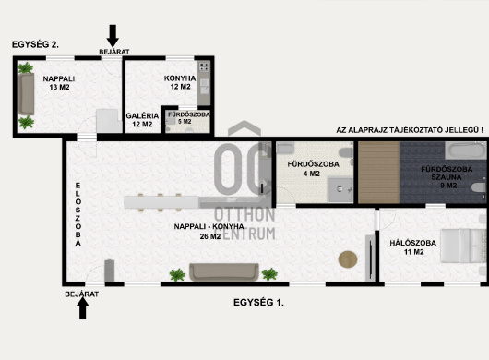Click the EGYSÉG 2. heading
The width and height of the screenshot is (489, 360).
(x=35, y=44)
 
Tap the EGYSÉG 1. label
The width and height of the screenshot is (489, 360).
(x=258, y=302)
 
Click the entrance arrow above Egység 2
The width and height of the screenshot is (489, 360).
(x=113, y=36)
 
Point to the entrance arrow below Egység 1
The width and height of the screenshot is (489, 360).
(x=83, y=308)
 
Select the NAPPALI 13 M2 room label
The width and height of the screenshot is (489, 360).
(x=59, y=83)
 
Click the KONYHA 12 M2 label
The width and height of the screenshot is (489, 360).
(x=180, y=82)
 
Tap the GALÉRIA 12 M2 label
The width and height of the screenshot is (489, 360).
(x=142, y=120)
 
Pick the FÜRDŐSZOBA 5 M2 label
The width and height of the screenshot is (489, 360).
(x=188, y=118)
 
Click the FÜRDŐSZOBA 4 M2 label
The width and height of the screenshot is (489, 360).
(x=313, y=169)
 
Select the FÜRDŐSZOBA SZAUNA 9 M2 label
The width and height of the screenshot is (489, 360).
(x=447, y=177)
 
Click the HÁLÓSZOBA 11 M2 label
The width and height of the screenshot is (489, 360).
(x=413, y=247)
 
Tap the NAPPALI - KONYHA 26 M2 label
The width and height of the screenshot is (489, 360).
(x=209, y=232)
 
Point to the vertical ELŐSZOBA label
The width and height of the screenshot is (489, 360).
(x=78, y=214)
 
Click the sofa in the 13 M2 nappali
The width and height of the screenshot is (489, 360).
(x=26, y=94)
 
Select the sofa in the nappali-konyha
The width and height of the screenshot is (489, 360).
(x=224, y=272)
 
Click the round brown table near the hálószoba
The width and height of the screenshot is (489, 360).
(x=348, y=259)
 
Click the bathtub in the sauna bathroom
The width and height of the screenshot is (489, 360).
(x=465, y=150)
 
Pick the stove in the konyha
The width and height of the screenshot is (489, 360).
(x=204, y=66)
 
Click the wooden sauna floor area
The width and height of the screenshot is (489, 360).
(x=378, y=173)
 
